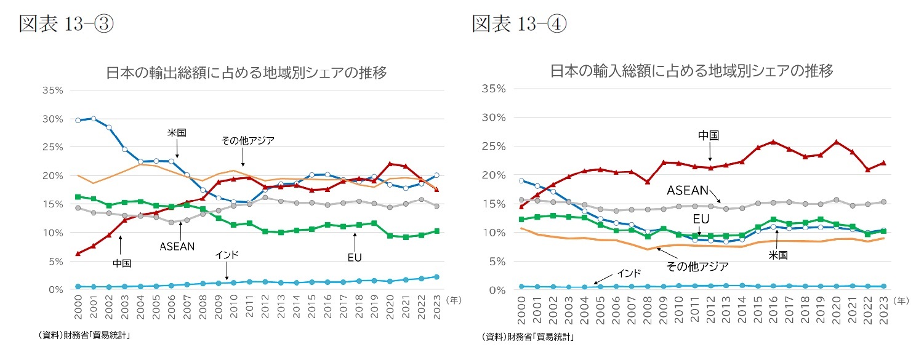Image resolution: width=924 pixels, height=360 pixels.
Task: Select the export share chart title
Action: click(246, 73)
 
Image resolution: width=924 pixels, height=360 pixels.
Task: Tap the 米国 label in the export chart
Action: click(177, 132)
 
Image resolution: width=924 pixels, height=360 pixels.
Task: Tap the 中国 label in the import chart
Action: click(709, 135)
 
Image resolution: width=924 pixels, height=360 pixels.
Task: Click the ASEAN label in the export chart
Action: click(177, 246)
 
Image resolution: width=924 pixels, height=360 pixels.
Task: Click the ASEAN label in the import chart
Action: click(688, 191)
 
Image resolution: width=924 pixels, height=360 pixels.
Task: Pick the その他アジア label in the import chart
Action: click(697, 266)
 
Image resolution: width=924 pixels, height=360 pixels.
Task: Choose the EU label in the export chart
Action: click(355, 257)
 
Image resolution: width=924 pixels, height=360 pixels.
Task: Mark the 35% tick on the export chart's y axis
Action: click(53, 90)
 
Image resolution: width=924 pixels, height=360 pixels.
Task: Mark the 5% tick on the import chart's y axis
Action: click(494, 261)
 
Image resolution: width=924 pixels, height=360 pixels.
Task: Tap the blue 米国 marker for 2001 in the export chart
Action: click(94, 118)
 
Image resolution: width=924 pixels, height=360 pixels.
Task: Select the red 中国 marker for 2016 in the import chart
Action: click(774, 142)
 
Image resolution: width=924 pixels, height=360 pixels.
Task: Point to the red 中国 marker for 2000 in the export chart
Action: click(78, 253)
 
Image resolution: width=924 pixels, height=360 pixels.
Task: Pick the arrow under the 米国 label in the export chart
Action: click(177, 148)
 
